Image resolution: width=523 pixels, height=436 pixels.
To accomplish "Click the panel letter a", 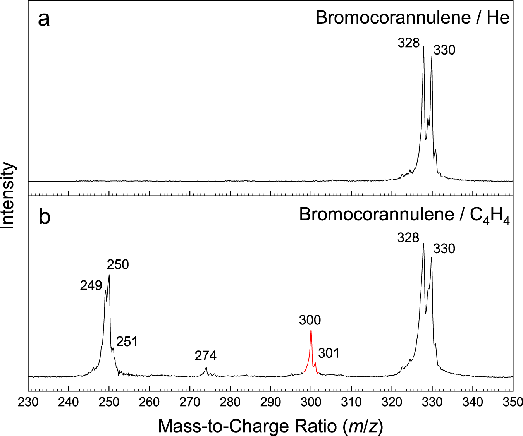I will pos(44,19).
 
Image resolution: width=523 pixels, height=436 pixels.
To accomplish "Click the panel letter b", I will pos(45,217).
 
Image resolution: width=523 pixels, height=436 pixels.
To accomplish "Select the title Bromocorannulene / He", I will pos(412,18).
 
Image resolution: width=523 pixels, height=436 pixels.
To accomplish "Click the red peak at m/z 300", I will pos(311,331).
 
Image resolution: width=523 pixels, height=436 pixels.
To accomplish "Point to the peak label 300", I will pos(310,320).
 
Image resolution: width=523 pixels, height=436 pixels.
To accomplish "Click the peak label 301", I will pos(329,353).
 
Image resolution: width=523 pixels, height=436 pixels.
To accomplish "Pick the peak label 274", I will pos(206,355).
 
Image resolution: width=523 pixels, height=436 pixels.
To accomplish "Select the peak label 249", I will pos(91,285).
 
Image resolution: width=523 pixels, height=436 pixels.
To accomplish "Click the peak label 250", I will pos(118,265).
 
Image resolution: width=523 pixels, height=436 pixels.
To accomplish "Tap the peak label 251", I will pos(127,342).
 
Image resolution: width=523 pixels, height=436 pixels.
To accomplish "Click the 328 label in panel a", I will pos(409,43).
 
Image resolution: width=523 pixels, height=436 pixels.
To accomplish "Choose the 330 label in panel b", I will pos(444,248).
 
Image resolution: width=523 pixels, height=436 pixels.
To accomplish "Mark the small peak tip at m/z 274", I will pos(206,367).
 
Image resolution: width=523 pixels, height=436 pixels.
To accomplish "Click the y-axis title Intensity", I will pos(9,195).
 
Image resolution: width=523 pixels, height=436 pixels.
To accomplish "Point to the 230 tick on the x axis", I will pos(28,402).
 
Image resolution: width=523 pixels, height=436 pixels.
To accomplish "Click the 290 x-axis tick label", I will pos(270,402).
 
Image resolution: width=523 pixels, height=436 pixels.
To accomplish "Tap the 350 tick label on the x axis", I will pos(513,402).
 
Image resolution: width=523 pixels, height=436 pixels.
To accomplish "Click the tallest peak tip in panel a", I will pos(423,47).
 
